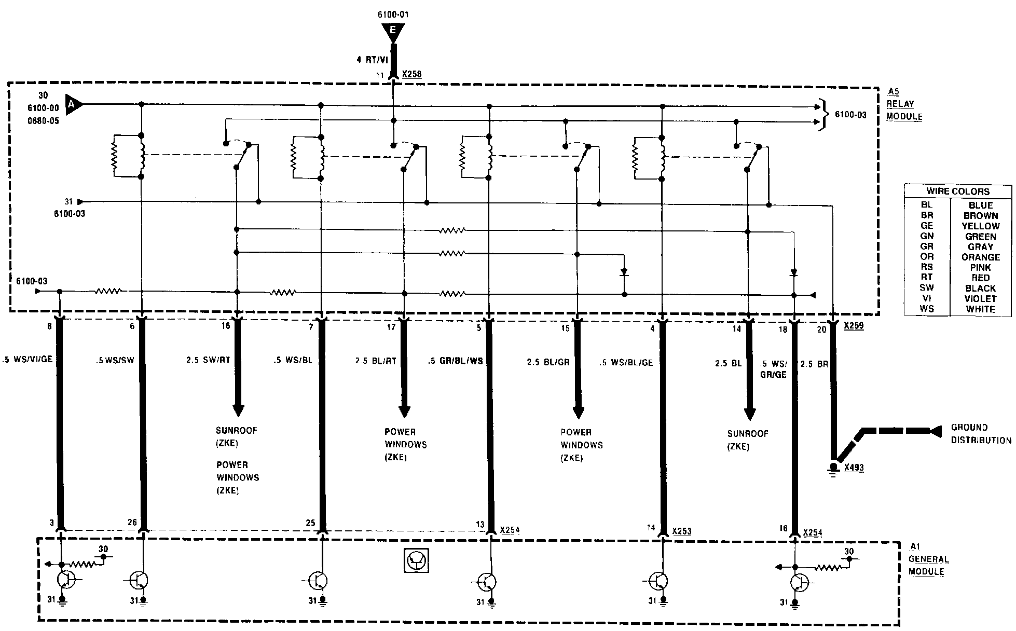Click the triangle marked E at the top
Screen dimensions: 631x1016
pyautogui.click(x=393, y=32)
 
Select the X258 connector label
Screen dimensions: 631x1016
pyautogui.click(x=411, y=75)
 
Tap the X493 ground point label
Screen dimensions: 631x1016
pyautogui.click(x=854, y=467)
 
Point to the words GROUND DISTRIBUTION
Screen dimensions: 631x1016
pyautogui.click(x=981, y=434)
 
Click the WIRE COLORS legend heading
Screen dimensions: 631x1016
pyautogui.click(x=958, y=191)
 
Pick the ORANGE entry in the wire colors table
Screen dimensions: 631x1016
pyautogui.click(x=980, y=257)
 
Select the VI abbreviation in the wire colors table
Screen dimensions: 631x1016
pyautogui.click(x=927, y=298)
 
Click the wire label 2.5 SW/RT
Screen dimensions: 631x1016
pyautogui.click(x=208, y=360)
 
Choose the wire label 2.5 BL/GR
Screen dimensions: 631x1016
pyautogui.click(x=548, y=362)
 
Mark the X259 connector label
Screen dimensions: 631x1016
pyautogui.click(x=854, y=326)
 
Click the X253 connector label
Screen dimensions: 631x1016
pyautogui.click(x=681, y=531)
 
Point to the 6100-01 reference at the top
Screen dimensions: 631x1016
pyautogui.click(x=393, y=15)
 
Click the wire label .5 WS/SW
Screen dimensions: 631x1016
pyautogui.click(x=115, y=360)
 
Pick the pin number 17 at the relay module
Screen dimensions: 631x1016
pyautogui.click(x=391, y=327)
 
